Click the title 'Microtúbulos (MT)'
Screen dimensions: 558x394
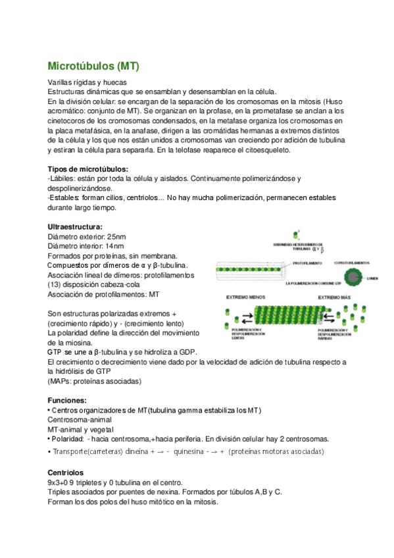click(93, 66)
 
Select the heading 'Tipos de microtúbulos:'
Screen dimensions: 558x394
click(88, 169)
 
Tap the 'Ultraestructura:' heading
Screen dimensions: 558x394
click(76, 226)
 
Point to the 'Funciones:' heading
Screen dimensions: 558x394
click(67, 400)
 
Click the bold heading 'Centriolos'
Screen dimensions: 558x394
click(66, 472)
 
